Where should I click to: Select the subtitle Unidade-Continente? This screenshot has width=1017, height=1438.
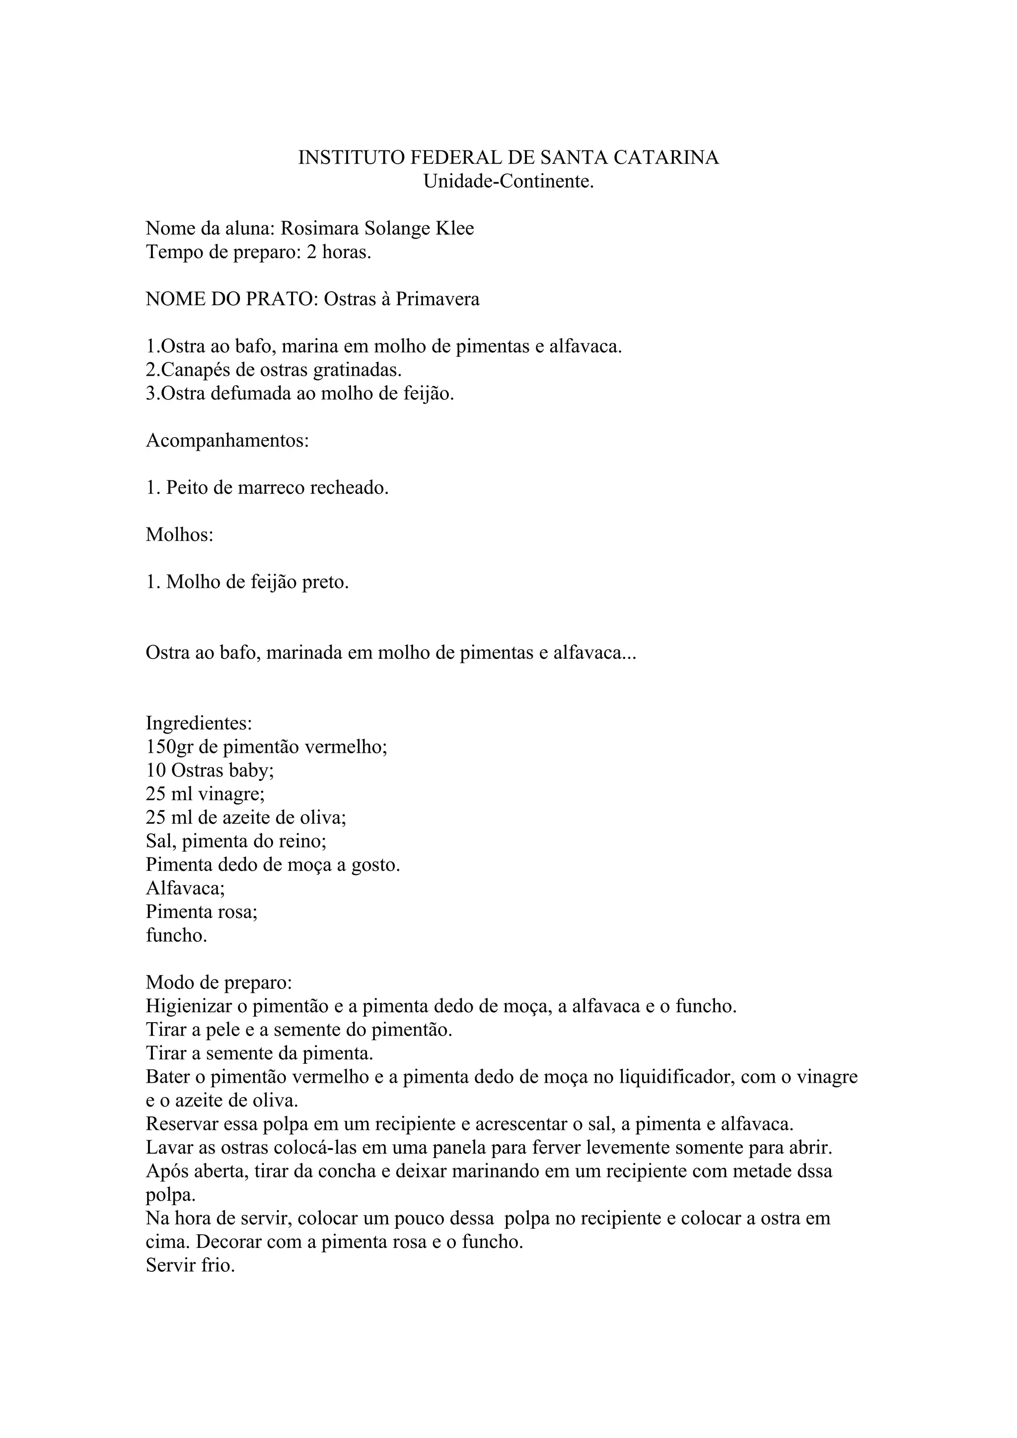point(508,181)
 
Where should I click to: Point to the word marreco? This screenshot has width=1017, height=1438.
point(265,487)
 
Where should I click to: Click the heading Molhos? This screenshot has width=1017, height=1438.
point(180,535)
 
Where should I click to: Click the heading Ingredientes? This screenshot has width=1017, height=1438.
point(199,723)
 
